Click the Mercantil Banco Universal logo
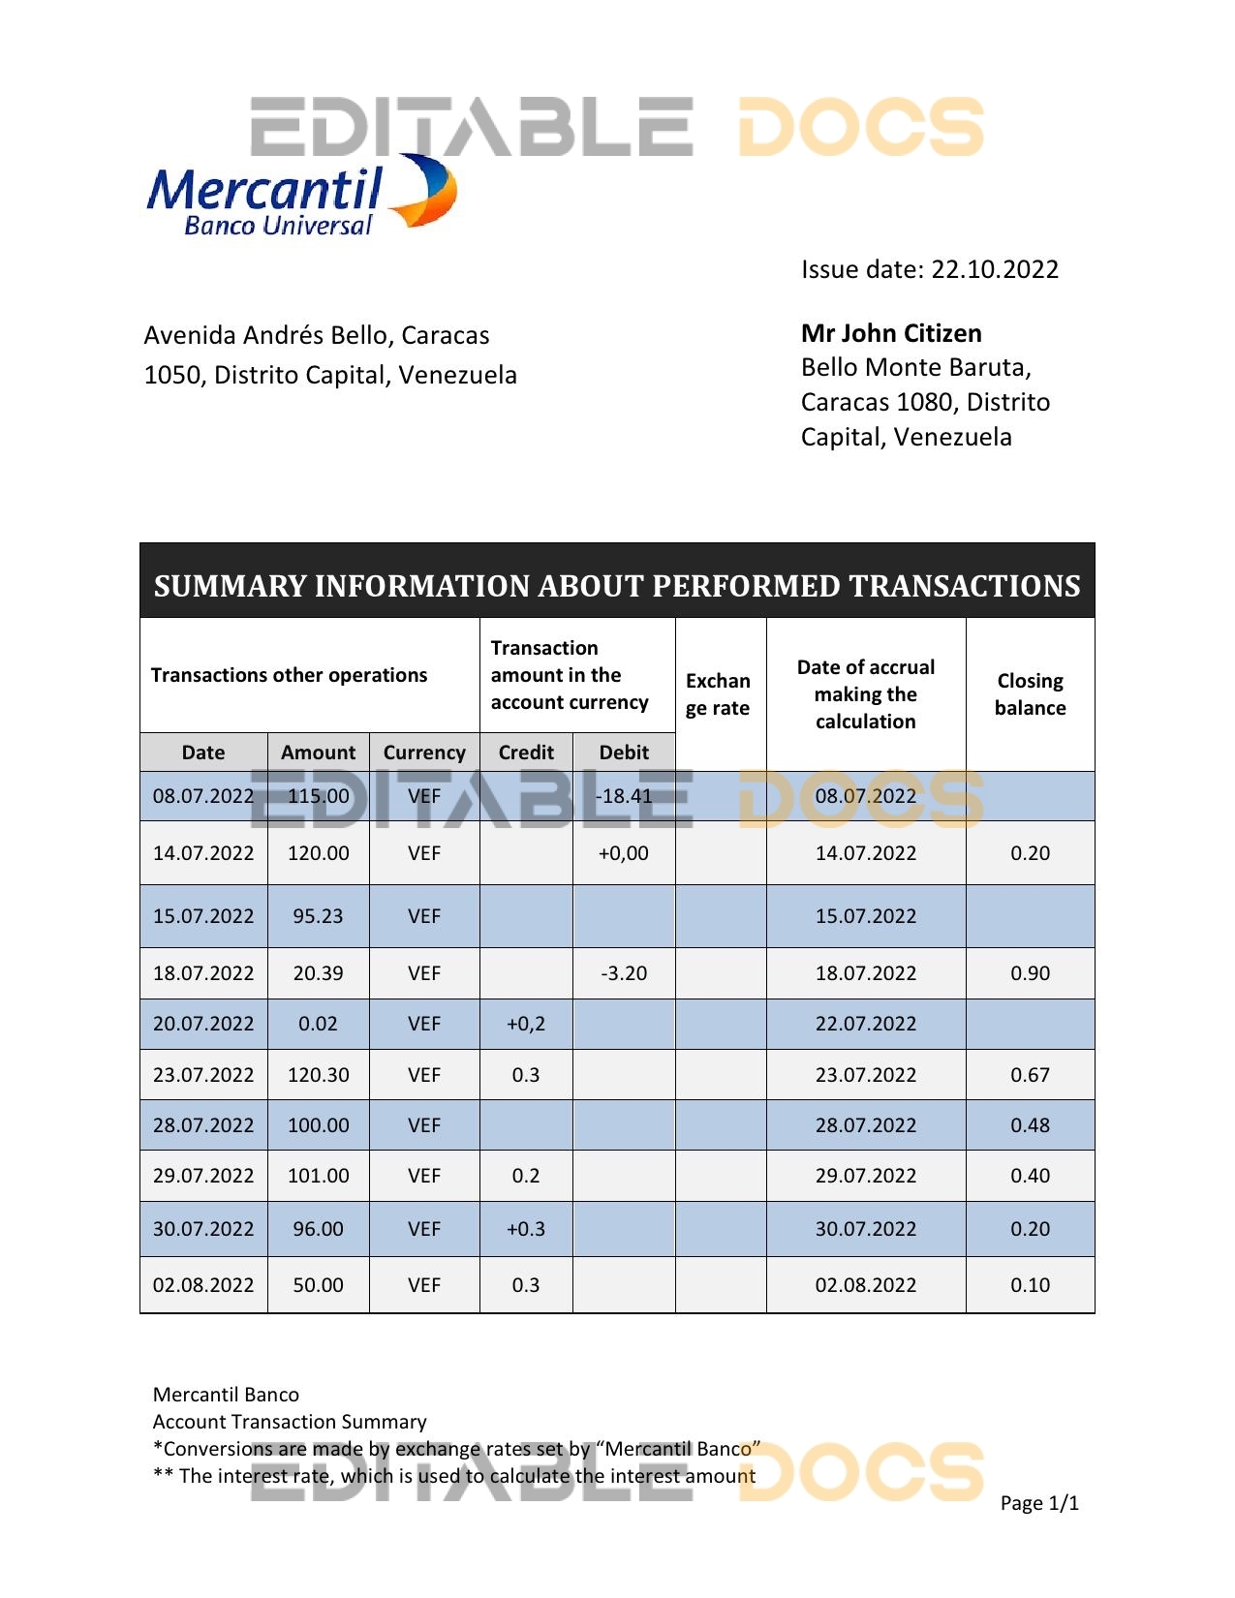coord(300,197)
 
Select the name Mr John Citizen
coord(891,333)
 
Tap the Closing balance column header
coord(1030,694)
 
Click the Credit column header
coord(526,753)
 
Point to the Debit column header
coord(624,753)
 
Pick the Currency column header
coord(424,753)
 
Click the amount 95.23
coord(318,916)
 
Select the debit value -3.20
coord(624,973)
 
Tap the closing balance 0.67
coord(1030,1075)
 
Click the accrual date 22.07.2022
coord(865,1024)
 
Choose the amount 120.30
coord(318,1075)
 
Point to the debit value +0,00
coord(624,853)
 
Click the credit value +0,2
coord(526,1024)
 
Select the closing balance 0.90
coord(1030,973)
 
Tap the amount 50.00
coord(318,1285)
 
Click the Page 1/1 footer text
coord(1038,1503)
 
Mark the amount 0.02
coord(318,1024)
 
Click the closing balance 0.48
coord(1030,1125)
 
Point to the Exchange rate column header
coord(718,694)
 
